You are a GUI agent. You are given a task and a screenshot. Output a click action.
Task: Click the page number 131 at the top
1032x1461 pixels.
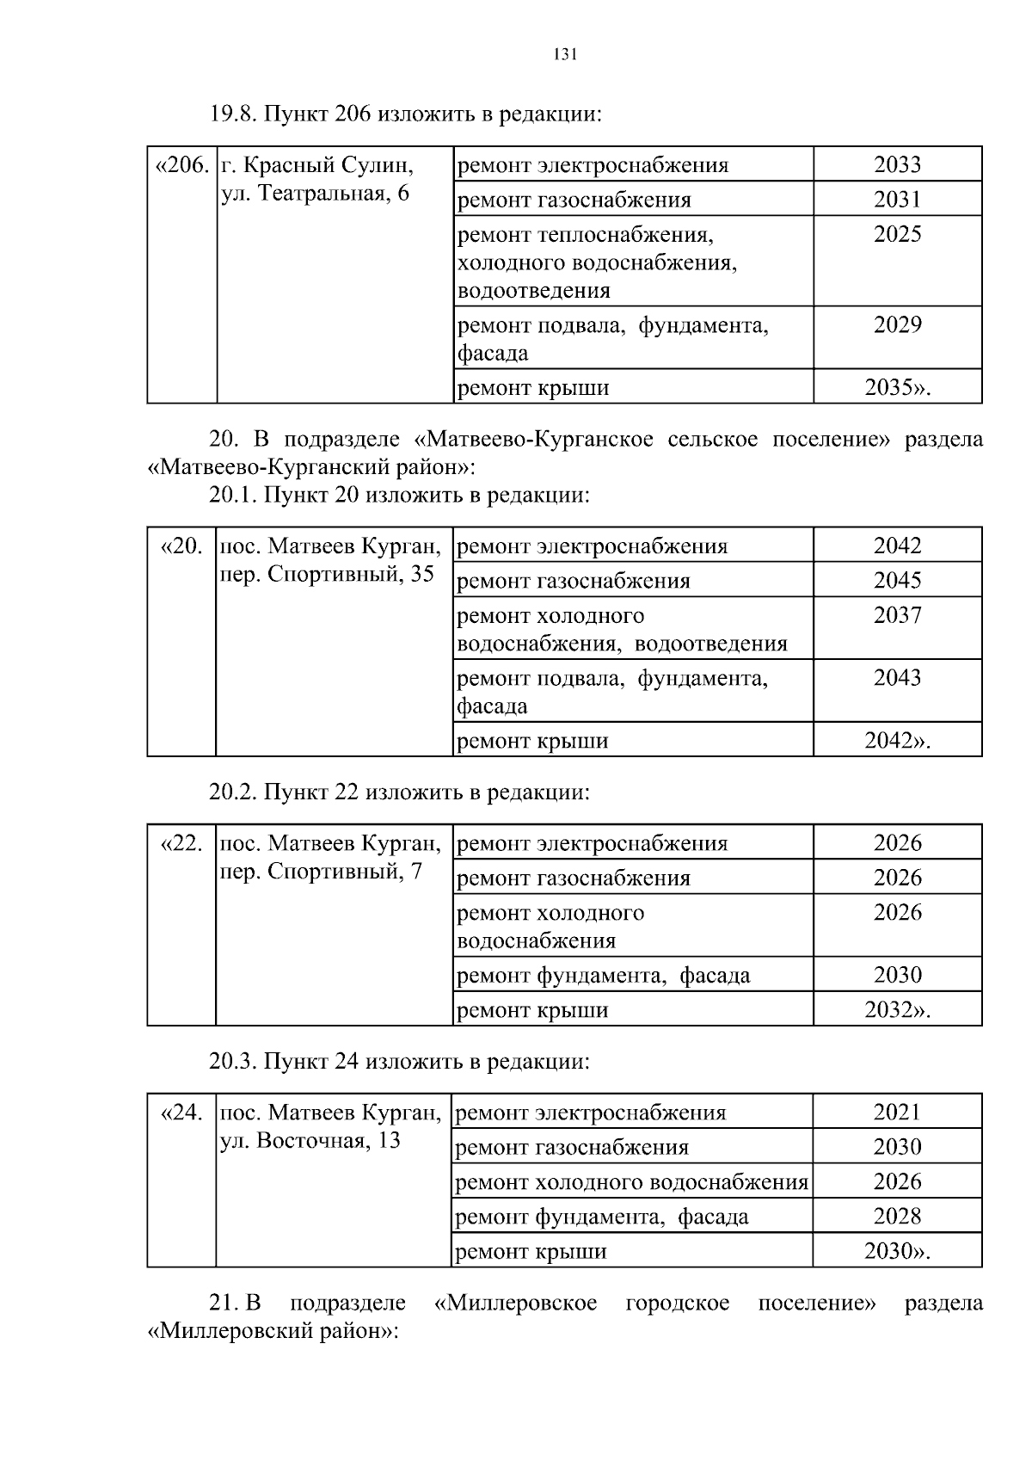click(564, 55)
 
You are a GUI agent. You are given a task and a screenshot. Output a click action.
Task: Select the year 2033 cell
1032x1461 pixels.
click(897, 164)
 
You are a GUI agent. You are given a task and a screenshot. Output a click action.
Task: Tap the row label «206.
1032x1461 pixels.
click(181, 164)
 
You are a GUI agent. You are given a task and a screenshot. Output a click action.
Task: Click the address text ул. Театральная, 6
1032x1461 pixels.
click(315, 194)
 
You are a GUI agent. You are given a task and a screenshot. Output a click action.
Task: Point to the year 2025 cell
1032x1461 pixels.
click(897, 234)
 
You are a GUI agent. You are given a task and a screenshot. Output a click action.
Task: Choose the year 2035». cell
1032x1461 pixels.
click(897, 387)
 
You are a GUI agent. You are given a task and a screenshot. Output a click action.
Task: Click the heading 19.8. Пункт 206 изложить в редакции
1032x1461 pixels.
click(404, 114)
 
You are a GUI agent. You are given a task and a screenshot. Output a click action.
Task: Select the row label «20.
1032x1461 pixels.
click(182, 546)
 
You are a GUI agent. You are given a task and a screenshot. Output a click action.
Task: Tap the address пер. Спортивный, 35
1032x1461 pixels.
click(328, 574)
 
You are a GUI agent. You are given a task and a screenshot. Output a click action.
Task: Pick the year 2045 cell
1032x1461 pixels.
click(897, 581)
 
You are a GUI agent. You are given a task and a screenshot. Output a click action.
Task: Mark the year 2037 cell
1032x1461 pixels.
click(897, 615)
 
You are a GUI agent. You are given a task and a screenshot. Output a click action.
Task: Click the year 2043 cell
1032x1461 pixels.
click(897, 678)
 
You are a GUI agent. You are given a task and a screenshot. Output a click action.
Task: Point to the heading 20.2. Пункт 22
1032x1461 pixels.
click(399, 792)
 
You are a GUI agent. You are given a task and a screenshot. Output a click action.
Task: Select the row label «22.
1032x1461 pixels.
click(182, 843)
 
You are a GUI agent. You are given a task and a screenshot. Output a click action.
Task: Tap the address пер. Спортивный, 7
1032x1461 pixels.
click(322, 872)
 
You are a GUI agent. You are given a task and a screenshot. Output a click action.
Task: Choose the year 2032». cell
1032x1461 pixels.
click(897, 1009)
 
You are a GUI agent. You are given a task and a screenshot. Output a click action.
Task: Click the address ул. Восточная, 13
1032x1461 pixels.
click(310, 1141)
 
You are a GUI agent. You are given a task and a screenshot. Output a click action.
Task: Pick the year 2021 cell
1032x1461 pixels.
click(897, 1113)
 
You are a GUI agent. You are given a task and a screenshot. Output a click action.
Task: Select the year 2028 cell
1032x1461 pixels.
click(897, 1217)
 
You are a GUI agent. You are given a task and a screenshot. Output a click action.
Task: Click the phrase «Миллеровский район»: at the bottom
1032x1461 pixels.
click(273, 1332)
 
